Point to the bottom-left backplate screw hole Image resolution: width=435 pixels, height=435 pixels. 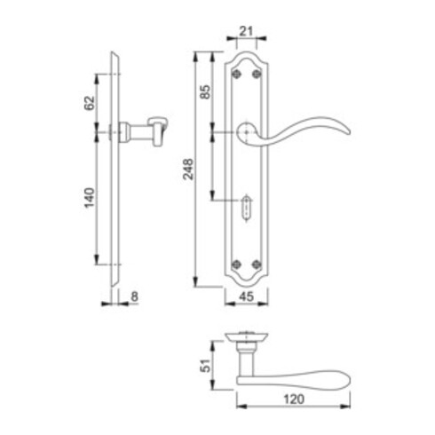tap(234, 263)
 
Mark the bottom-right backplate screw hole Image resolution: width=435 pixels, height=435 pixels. tap(257, 263)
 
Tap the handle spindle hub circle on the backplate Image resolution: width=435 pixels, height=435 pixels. tap(245, 133)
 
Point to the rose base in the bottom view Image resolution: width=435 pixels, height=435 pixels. tap(246, 338)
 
